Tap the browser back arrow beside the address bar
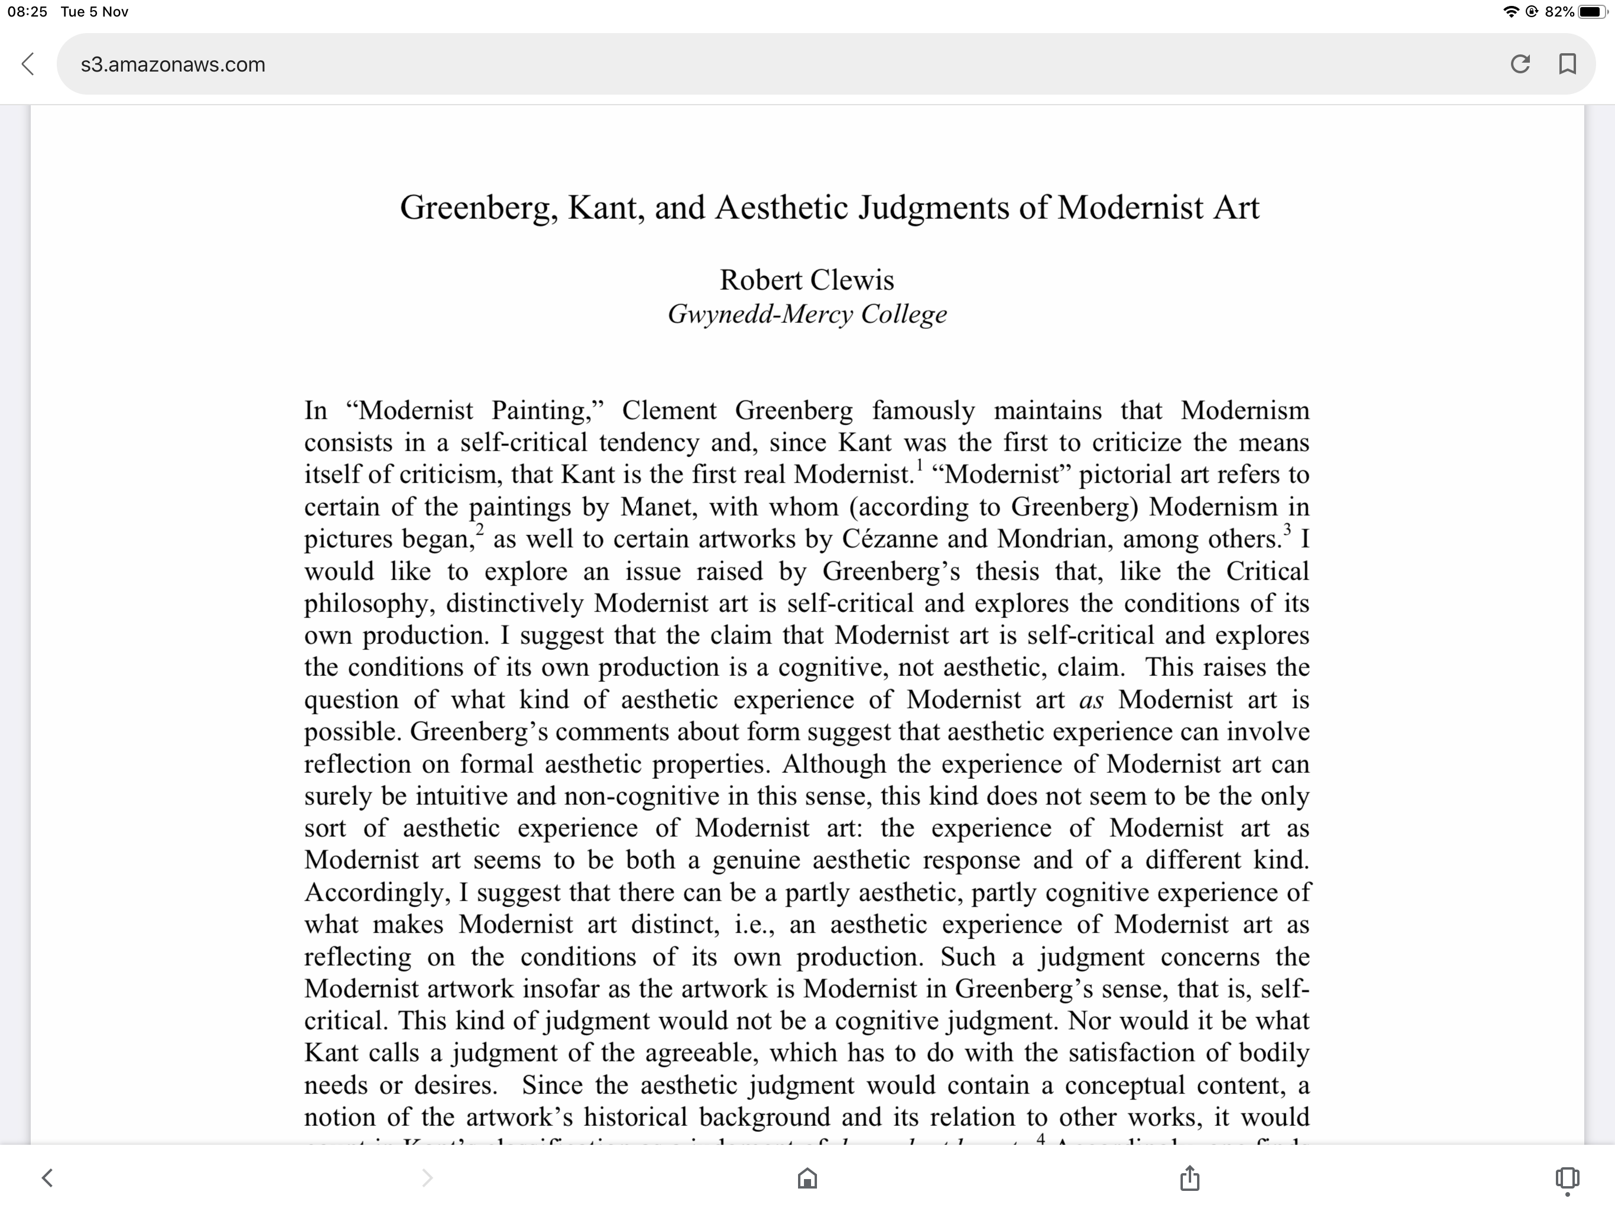pyautogui.click(x=28, y=64)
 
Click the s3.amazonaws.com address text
pyautogui.click(x=173, y=64)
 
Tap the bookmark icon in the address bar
pyautogui.click(x=1567, y=64)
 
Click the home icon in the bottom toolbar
pyautogui.click(x=807, y=1178)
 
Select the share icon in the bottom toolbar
pyautogui.click(x=1189, y=1178)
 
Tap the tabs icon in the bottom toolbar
pyautogui.click(x=1567, y=1178)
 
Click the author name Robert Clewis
pyautogui.click(x=807, y=280)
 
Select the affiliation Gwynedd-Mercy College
pyautogui.click(x=807, y=314)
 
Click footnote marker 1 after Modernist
pyautogui.click(x=920, y=465)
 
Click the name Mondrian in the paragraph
pyautogui.click(x=1052, y=539)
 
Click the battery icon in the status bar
pyautogui.click(x=1591, y=12)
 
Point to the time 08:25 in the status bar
pyautogui.click(x=27, y=12)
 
